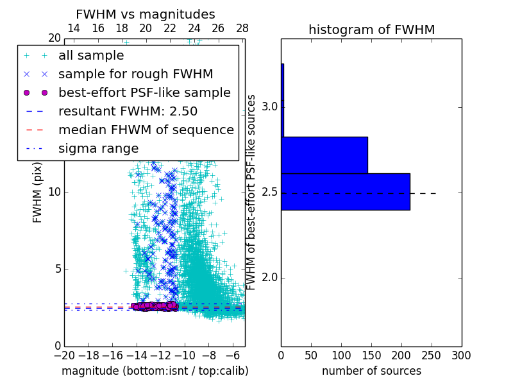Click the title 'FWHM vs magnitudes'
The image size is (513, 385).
(145, 14)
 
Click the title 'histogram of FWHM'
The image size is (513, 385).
(371, 30)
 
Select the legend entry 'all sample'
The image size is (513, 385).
(91, 56)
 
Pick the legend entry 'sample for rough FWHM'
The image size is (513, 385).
(135, 74)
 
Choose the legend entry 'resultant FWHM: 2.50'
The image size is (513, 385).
(128, 111)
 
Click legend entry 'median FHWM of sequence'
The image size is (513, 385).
(146, 130)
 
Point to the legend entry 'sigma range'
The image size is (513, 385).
(98, 148)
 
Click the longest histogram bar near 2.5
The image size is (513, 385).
(345, 191)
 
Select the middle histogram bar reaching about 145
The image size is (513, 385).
(324, 155)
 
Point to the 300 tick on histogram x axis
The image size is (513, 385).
(461, 355)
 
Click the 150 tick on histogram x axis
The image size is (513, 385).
(371, 355)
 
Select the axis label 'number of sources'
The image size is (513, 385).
(371, 371)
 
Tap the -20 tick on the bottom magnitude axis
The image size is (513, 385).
(64, 355)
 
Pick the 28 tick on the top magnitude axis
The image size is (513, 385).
(242, 29)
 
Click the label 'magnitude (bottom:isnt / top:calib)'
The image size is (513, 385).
(155, 371)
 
